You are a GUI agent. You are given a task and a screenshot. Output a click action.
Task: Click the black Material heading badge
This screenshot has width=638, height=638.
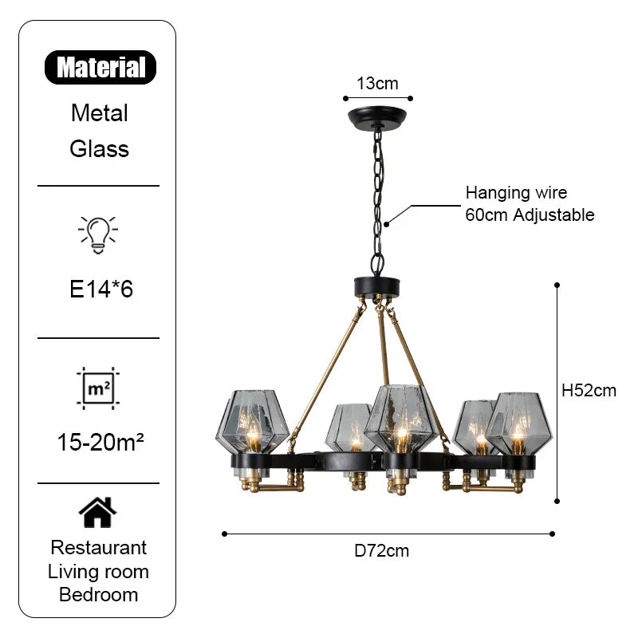(x=100, y=68)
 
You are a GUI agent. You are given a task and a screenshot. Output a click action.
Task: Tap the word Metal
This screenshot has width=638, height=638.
(x=100, y=112)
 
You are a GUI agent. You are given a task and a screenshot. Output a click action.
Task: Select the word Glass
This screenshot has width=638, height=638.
(x=100, y=148)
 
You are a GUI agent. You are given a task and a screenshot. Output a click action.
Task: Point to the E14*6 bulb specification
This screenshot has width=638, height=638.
(x=100, y=288)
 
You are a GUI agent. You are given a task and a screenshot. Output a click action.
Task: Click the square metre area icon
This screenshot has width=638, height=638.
(x=97, y=388)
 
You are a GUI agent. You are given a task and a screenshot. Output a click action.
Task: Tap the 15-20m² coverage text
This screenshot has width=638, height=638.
(x=100, y=440)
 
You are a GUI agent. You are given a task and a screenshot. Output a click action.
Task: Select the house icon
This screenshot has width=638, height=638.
(x=97, y=511)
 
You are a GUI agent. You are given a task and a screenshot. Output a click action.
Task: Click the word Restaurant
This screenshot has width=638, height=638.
(x=99, y=548)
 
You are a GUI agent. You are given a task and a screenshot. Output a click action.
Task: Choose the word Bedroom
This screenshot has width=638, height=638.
(x=99, y=594)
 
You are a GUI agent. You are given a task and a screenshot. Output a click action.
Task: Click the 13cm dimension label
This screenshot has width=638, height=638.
(x=377, y=83)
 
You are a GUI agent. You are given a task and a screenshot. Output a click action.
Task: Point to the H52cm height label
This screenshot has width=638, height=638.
(x=589, y=390)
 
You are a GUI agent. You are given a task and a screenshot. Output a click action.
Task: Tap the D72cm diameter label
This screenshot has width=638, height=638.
(x=382, y=550)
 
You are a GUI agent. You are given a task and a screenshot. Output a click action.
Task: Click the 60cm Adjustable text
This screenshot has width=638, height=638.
(x=530, y=215)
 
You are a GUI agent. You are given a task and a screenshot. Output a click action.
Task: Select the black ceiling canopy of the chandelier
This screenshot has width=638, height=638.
(x=377, y=118)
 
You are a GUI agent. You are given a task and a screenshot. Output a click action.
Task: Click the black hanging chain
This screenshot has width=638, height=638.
(x=377, y=199)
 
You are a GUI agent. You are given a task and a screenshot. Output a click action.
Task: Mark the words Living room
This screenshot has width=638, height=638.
(x=99, y=571)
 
